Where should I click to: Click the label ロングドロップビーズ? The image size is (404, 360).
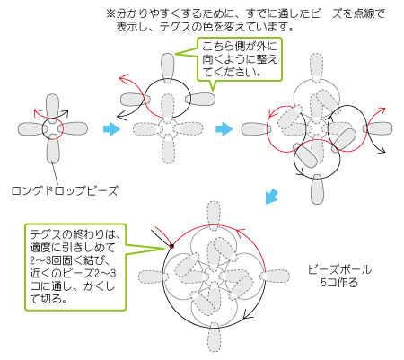(x=65, y=190)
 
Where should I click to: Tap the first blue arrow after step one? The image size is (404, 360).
(x=111, y=129)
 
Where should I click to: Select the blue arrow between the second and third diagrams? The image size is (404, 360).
(x=224, y=129)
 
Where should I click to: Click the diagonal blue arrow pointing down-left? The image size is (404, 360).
(x=272, y=197)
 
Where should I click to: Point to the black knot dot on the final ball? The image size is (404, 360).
(x=171, y=246)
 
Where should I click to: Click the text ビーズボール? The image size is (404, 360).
(x=339, y=269)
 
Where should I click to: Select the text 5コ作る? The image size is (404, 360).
(x=339, y=282)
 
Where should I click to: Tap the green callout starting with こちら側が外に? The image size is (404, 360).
(x=240, y=59)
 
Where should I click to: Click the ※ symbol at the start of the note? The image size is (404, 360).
(x=110, y=13)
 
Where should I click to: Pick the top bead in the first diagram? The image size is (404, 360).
(x=53, y=107)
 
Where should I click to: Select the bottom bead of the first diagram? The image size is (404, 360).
(x=53, y=149)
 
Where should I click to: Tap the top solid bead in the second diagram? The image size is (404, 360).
(x=167, y=67)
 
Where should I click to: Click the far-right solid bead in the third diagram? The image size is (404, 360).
(x=378, y=128)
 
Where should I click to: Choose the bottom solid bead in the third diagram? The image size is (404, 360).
(x=317, y=189)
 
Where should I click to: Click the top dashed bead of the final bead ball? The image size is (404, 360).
(x=214, y=215)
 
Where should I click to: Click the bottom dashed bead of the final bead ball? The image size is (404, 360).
(x=215, y=337)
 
